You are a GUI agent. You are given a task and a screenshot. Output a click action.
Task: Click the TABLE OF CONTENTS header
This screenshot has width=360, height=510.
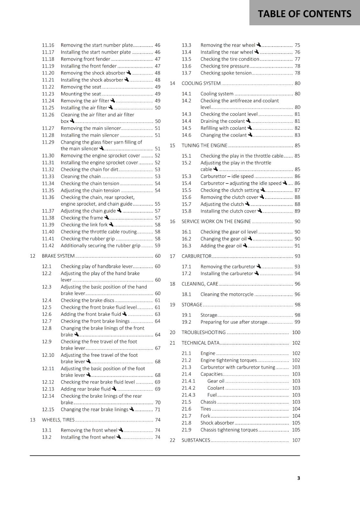pos(304,14)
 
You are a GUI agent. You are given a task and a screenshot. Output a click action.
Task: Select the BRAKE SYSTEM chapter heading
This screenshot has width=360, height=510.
pos(58,256)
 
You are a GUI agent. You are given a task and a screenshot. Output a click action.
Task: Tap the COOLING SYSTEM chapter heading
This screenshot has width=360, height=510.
pos(201,83)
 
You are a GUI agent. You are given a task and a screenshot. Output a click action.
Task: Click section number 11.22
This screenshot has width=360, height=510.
pos(48,87)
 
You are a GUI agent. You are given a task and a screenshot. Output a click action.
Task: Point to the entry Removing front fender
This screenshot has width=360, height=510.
pos(85,59)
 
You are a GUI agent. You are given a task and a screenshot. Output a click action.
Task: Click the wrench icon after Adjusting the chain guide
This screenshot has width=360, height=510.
pos(119,210)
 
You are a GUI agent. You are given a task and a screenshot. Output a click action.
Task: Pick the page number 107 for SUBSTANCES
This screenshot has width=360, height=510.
pos(296,440)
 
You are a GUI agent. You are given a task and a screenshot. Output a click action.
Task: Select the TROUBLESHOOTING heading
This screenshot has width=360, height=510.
pos(204,332)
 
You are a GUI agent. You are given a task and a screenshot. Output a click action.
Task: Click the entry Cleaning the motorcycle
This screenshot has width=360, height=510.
pos(227,294)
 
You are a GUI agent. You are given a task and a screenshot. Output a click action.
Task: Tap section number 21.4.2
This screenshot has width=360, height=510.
pos(189,388)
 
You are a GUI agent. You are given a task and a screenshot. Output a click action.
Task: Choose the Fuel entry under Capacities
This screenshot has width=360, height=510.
pos(212,395)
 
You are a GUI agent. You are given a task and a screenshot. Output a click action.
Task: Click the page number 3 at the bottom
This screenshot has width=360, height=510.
pos(299,478)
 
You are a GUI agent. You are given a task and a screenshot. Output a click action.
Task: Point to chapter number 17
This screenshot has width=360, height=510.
pos(172,256)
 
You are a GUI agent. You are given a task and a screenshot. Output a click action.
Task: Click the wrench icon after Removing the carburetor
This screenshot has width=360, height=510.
pos(259,266)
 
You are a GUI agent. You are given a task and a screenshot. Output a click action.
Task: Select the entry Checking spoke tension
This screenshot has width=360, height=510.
pos(226,73)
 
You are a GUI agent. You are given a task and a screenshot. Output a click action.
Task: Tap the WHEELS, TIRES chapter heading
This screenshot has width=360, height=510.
pos(58,420)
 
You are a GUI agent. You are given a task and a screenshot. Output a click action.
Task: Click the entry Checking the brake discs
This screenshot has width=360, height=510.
pos(87,300)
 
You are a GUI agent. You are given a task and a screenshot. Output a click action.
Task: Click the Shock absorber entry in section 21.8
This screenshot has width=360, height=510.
pos(217,423)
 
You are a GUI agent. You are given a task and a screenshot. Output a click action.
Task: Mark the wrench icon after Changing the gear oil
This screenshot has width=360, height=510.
pos(250,238)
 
